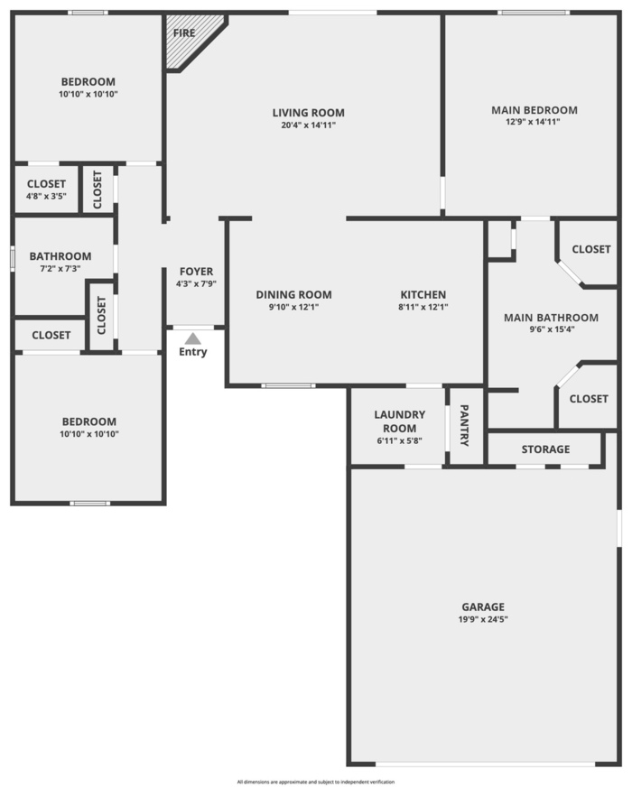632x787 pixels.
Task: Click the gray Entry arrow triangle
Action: pyautogui.click(x=193, y=338)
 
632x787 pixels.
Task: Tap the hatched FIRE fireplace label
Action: pyautogui.click(x=184, y=33)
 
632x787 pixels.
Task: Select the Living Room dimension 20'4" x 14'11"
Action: pyautogui.click(x=308, y=125)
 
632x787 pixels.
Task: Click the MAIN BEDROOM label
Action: pyautogui.click(x=534, y=110)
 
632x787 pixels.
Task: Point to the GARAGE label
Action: pyautogui.click(x=483, y=606)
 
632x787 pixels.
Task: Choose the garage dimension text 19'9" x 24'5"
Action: pyautogui.click(x=483, y=619)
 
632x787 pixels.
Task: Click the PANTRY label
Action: pyautogui.click(x=465, y=426)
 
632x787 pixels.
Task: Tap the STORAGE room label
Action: pyautogui.click(x=545, y=449)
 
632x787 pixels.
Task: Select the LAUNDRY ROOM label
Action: pyautogui.click(x=400, y=421)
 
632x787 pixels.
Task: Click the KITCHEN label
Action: pyautogui.click(x=423, y=294)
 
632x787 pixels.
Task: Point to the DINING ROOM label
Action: pyautogui.click(x=293, y=294)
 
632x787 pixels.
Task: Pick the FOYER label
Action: pyautogui.click(x=196, y=272)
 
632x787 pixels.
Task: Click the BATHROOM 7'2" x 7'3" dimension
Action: pyautogui.click(x=60, y=269)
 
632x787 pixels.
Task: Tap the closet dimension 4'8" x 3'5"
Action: pyautogui.click(x=46, y=196)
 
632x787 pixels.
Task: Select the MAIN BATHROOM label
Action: pyautogui.click(x=551, y=318)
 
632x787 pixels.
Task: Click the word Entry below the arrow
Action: pyautogui.click(x=193, y=352)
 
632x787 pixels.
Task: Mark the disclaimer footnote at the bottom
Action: pyautogui.click(x=316, y=782)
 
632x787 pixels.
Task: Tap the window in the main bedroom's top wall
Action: pyautogui.click(x=534, y=13)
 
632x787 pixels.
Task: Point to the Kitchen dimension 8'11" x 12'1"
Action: pyautogui.click(x=423, y=307)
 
